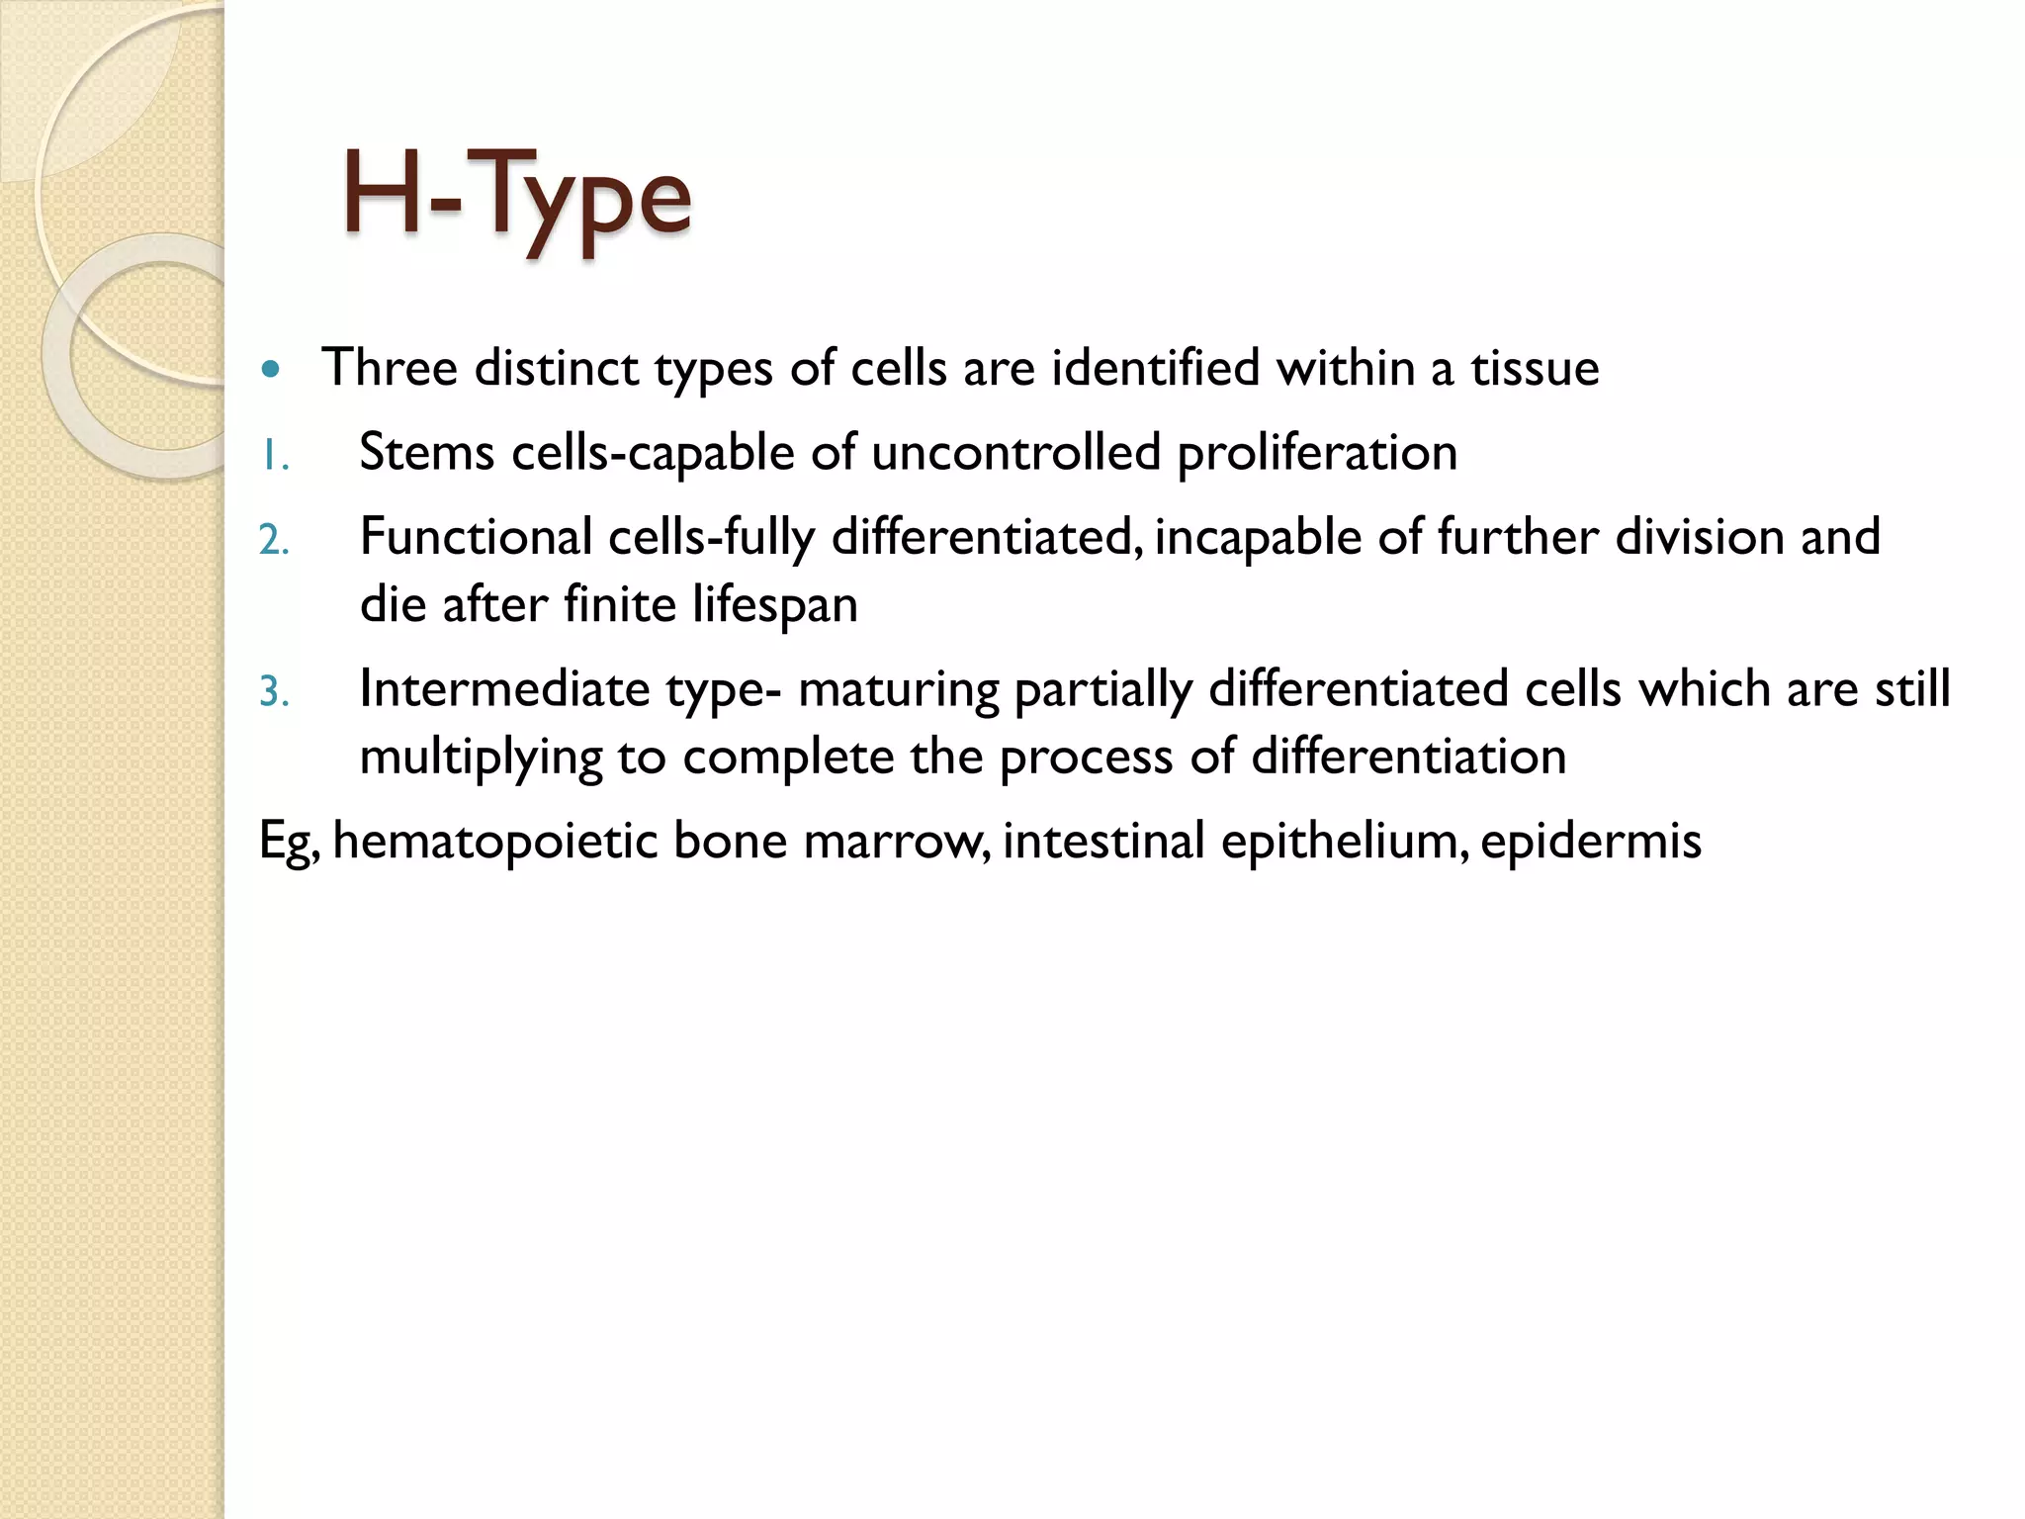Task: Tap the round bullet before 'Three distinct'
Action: [271, 371]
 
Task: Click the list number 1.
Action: [274, 457]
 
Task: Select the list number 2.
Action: [274, 541]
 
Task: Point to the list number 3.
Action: [274, 692]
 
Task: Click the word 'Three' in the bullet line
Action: [390, 368]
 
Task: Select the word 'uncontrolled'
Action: [1015, 453]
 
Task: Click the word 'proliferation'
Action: [1317, 453]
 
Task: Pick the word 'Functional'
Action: [476, 537]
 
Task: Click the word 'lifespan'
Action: [774, 604]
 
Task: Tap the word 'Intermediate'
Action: [504, 688]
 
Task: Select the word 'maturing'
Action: [898, 690]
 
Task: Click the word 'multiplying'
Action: [481, 758]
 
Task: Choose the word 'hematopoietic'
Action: [495, 841]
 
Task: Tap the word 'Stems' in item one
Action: [426, 453]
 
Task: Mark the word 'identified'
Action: [1156, 368]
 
